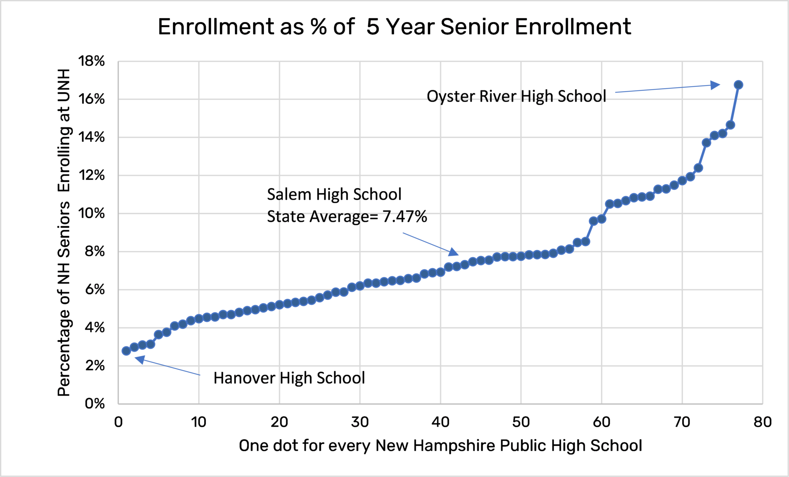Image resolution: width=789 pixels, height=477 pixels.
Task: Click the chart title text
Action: [x=394, y=27]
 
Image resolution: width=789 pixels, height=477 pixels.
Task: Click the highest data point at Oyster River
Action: [x=738, y=85]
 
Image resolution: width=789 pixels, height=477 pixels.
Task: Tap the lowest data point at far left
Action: [x=126, y=351]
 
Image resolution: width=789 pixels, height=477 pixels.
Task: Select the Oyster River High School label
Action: [x=516, y=96]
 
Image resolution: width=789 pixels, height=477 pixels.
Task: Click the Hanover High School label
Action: [x=289, y=378]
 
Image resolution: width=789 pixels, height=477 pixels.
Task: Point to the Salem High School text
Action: [x=334, y=194]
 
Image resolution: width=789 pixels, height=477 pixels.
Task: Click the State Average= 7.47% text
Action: [x=347, y=217]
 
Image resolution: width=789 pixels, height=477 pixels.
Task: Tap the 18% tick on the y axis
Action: [x=91, y=61]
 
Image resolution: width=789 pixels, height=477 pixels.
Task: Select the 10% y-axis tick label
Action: [x=91, y=213]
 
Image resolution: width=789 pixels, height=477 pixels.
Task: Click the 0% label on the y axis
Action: [x=95, y=403]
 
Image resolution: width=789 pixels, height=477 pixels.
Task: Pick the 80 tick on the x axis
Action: [x=762, y=422]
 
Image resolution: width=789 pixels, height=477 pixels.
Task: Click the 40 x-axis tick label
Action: [x=440, y=422]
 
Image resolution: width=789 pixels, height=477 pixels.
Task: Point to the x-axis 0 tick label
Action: [x=118, y=422]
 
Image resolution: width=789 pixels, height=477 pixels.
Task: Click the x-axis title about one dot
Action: [x=440, y=446]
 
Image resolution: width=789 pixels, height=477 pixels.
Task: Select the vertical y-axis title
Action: [x=64, y=232]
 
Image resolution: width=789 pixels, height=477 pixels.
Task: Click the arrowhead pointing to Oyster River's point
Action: [x=715, y=85]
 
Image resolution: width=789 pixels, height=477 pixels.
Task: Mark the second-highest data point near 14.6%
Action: [x=730, y=125]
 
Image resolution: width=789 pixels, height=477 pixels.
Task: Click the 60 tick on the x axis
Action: [x=601, y=422]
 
